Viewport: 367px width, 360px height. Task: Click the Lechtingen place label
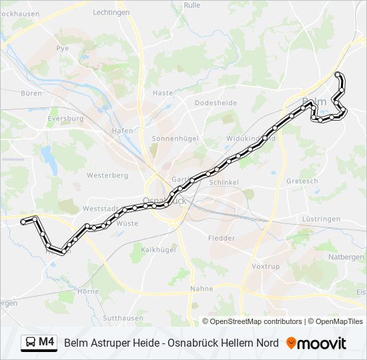pos(111,12)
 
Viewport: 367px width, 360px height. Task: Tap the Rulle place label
pos(192,5)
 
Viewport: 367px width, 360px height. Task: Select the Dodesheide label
pos(216,103)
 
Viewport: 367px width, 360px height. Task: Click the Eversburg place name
pos(65,119)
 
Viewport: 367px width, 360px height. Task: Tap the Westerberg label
pos(107,175)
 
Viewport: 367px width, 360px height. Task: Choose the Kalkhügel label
pos(157,250)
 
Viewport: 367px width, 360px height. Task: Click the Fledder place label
pos(222,238)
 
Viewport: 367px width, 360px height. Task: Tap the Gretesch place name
pos(302,181)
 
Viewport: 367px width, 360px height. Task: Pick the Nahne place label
pos(201,289)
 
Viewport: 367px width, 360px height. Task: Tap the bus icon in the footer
pos(30,343)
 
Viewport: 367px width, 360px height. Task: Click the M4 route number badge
pos(46,343)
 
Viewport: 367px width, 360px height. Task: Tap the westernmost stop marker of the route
pos(24,221)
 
